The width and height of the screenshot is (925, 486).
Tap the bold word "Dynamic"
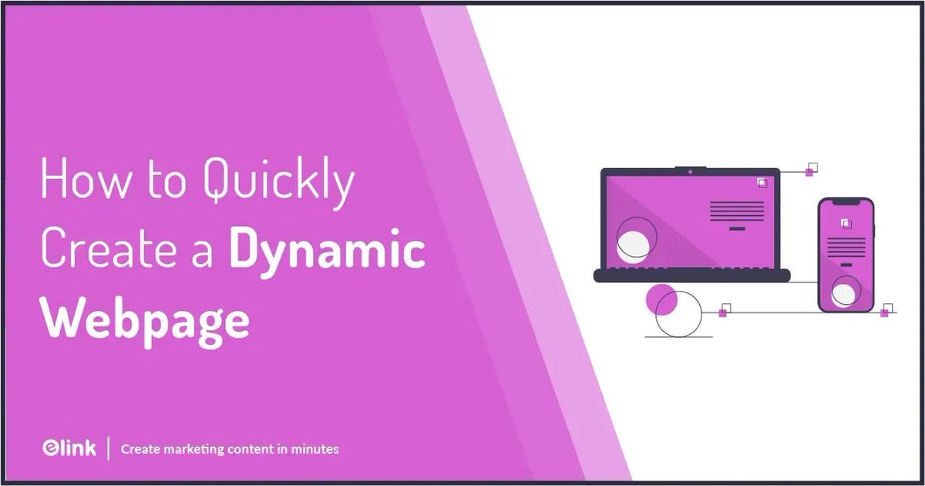327,252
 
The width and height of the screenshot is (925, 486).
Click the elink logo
69,448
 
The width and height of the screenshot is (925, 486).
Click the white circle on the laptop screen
634,241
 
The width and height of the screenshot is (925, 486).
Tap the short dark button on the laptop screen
737,228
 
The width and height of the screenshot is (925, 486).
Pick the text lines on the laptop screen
737,211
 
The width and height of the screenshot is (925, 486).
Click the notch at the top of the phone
846,201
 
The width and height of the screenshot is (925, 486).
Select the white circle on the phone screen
846,294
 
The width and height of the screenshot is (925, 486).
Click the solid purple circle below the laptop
661,299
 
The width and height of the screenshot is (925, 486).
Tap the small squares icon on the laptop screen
762,183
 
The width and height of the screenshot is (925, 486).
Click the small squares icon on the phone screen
846,224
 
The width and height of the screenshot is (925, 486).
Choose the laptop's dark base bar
692,275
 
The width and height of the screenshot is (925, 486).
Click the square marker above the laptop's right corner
810,169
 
